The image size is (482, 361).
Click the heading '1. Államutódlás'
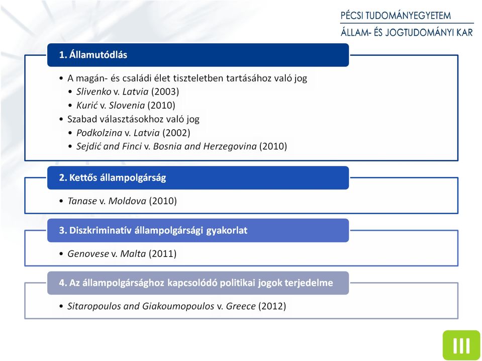coord(93,55)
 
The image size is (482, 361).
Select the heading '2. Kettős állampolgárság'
coord(113,177)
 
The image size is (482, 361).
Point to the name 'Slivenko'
coord(94,92)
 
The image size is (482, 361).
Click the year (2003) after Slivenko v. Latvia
coord(165,92)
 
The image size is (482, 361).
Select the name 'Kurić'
coord(87,106)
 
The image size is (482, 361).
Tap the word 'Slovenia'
coord(127,106)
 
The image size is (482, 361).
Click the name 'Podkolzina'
coord(100,133)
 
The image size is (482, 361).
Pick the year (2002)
coord(176,133)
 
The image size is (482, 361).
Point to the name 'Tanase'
coord(82,201)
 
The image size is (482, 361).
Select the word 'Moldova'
coord(127,201)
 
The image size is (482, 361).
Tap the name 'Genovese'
coord(88,254)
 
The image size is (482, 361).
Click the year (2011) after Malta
coord(163,254)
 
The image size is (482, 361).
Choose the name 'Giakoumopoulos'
coord(178,306)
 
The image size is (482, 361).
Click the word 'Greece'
coord(241,306)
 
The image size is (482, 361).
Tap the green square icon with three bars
coord(461,345)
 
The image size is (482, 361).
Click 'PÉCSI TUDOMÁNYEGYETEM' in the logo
coord(396,16)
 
